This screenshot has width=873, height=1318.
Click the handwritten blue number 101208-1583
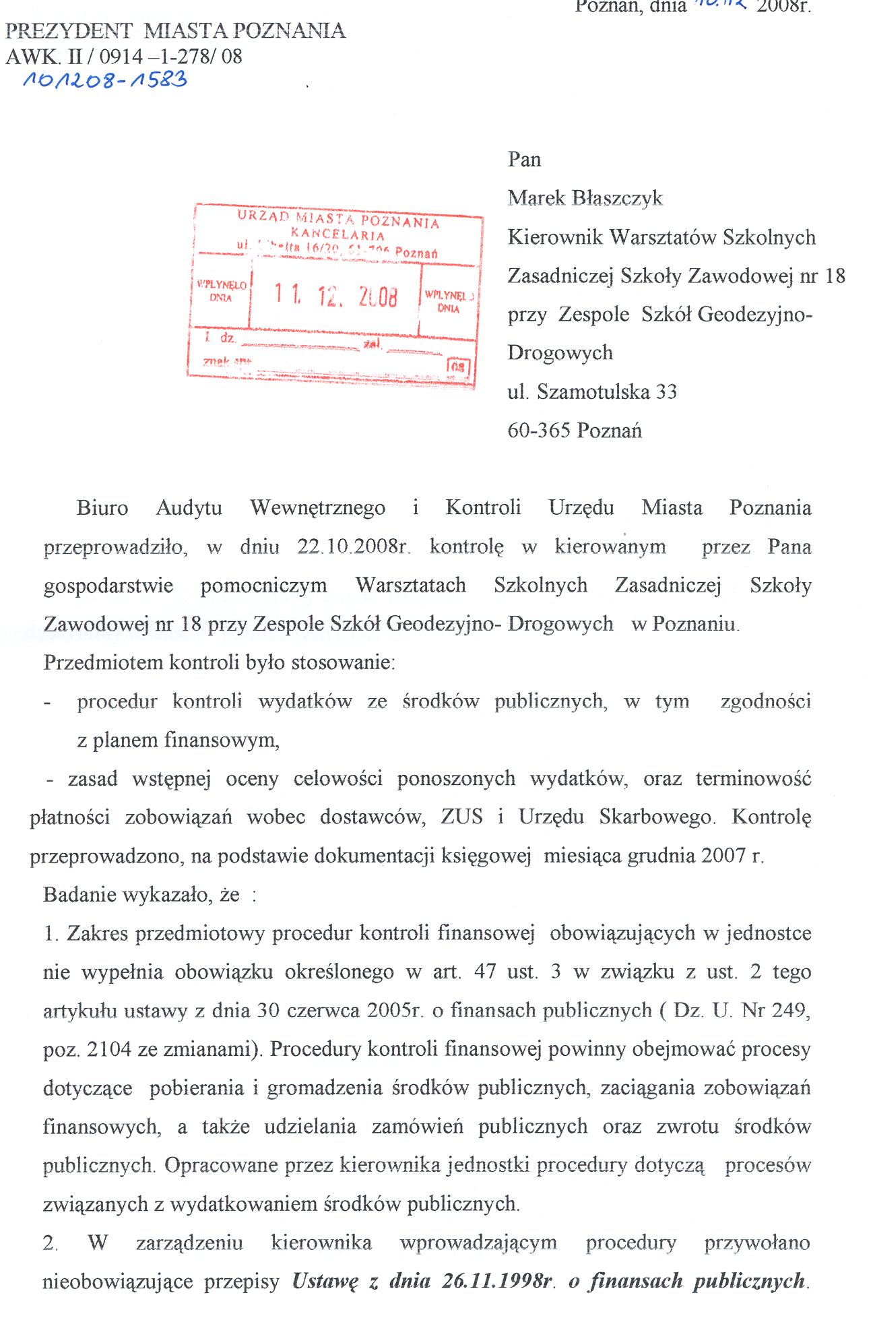tap(105, 80)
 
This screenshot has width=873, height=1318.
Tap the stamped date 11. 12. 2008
tap(335, 295)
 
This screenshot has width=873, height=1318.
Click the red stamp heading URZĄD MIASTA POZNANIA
tap(338, 219)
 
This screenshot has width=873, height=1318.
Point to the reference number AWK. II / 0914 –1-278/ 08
tap(124, 56)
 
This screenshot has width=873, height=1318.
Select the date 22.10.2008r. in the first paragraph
tap(354, 546)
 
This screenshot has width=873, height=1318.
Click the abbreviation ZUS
tap(462, 817)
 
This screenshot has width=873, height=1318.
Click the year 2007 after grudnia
tap(723, 856)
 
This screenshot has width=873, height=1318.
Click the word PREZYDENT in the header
tap(69, 31)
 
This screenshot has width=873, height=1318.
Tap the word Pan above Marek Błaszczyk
tap(524, 160)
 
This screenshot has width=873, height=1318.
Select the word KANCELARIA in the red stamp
tap(337, 235)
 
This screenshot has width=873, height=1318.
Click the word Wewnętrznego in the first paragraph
tap(317, 507)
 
